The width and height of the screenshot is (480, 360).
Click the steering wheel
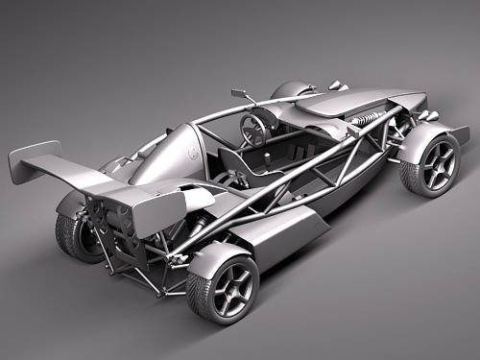254,129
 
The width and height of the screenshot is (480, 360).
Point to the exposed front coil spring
366,120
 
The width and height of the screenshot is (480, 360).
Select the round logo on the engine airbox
194,154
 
